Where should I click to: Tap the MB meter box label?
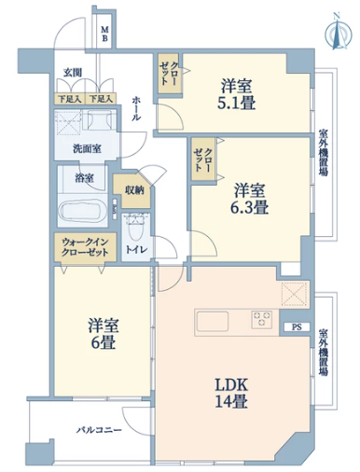104,35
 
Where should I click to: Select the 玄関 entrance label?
73,73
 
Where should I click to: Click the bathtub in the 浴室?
83,212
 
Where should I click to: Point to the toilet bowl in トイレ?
135,227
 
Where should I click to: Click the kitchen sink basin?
213,322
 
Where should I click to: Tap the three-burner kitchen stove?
262,319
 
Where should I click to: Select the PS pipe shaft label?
297,327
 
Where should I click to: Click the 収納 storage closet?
133,190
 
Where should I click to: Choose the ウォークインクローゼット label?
85,247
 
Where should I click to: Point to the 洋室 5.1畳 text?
236,94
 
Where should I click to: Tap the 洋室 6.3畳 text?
249,199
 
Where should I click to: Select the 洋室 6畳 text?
104,334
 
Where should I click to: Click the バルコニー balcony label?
99,431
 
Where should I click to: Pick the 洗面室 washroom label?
87,149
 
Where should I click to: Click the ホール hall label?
136,108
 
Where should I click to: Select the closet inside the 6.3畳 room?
203,160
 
